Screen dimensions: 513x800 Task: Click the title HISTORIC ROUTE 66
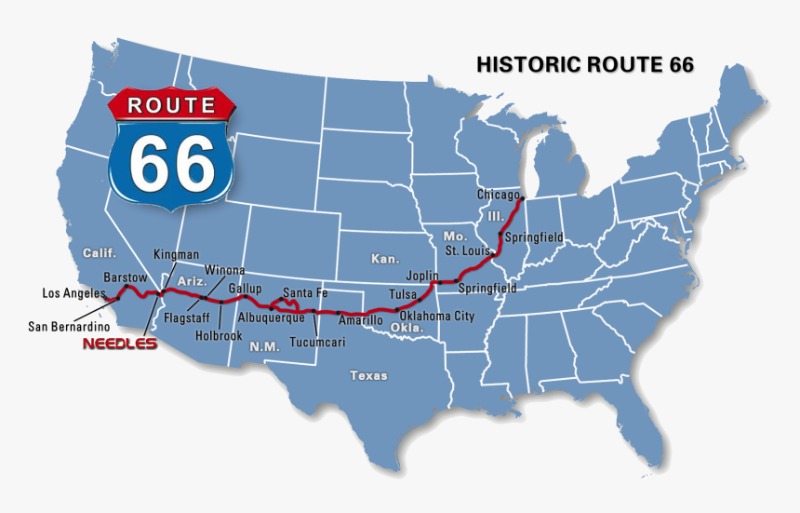585,64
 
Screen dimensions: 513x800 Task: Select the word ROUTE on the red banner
171,104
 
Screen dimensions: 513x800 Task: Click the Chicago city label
498,195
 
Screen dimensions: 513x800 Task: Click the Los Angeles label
73,293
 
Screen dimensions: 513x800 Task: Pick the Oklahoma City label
437,316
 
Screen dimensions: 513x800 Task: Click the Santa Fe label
305,293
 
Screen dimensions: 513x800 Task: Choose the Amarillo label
360,320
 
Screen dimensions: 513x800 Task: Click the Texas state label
368,375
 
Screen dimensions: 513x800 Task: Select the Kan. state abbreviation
384,258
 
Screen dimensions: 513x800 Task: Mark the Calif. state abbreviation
99,252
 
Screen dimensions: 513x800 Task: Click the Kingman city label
176,254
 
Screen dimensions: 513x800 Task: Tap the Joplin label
422,276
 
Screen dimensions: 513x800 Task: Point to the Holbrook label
219,336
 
